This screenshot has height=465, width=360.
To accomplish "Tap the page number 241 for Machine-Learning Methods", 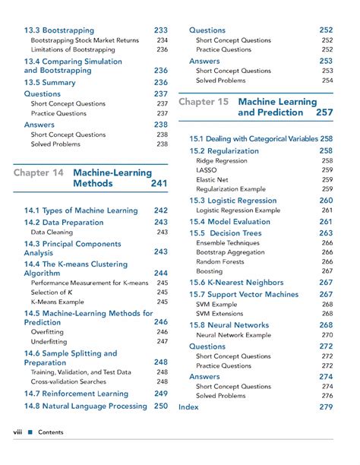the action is click(x=159, y=183).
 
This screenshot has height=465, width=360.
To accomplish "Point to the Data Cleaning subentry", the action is click(x=52, y=232).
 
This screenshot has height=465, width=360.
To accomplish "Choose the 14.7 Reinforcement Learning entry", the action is click(x=75, y=394).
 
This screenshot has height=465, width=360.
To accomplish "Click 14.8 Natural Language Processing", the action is click(x=85, y=406).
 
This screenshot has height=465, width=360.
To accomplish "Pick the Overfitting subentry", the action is click(x=48, y=331).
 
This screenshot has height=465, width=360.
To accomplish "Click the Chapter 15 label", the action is click(x=204, y=101).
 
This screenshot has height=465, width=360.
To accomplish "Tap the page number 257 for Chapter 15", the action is click(x=324, y=112).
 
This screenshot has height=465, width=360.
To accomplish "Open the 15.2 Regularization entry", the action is click(x=224, y=150).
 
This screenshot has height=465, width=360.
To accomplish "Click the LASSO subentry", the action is click(x=207, y=171).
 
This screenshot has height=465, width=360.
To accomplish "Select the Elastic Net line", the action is click(x=212, y=180).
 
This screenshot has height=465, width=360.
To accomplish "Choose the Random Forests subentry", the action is click(x=220, y=261).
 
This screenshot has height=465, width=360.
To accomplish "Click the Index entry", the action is click(x=188, y=407).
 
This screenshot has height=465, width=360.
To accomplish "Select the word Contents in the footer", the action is click(x=51, y=432).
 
